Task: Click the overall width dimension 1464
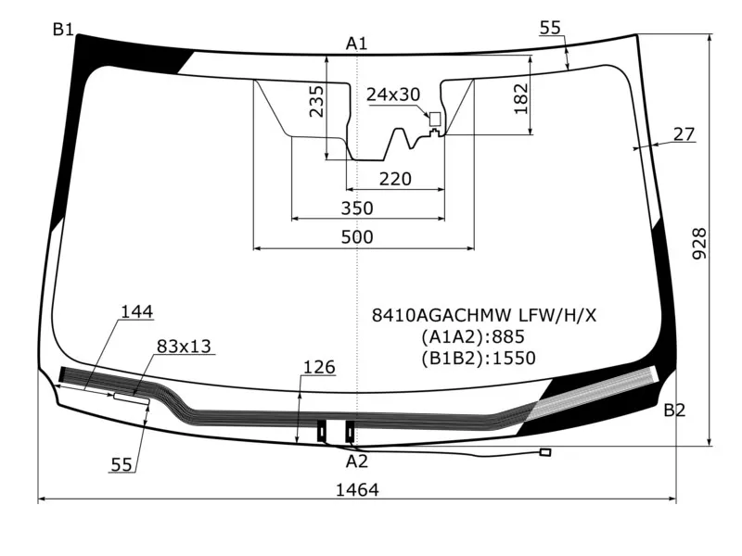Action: point(357,490)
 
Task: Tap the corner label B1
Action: point(63,31)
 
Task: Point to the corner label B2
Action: point(674,411)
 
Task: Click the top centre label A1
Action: point(357,43)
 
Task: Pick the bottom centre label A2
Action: point(357,461)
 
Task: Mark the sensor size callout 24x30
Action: point(393,95)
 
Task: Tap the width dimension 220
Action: point(395,179)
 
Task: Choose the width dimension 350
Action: point(357,208)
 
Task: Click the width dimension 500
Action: point(357,237)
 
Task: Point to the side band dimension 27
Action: point(684,134)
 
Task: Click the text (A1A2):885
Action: point(478,336)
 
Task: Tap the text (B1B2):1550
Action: point(478,358)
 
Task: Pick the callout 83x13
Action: point(184,347)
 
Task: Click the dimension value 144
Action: point(136,312)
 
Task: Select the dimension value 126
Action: point(318,368)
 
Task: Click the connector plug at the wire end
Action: point(545,452)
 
